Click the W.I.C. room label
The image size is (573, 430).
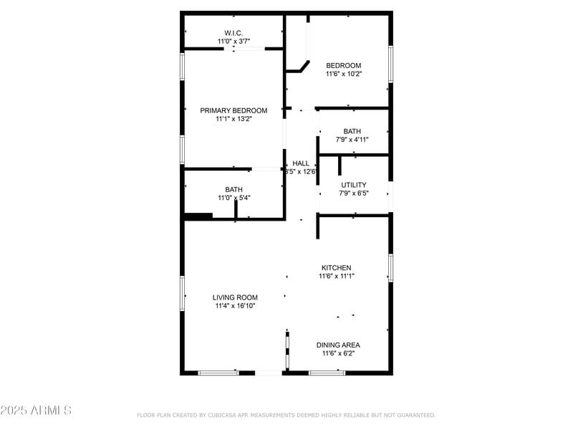[x=233, y=32]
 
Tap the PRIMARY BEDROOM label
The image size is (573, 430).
[x=233, y=110]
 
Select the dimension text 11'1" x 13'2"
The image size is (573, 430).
[x=233, y=119]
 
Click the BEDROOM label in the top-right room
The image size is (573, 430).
[x=344, y=65]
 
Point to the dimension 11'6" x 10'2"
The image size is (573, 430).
[x=344, y=74]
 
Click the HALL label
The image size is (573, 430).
[x=301, y=163]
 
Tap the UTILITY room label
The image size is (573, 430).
[x=354, y=185]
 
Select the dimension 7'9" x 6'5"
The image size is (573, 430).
[x=354, y=193]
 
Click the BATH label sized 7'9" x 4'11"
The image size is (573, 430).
[x=352, y=131]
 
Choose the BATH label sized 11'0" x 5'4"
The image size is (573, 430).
[x=233, y=189]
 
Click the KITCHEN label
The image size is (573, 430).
[x=336, y=267]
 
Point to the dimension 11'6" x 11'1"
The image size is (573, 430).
[x=337, y=276]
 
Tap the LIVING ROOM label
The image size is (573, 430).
[x=235, y=297]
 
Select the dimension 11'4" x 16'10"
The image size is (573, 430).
[x=235, y=306]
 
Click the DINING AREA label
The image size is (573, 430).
[x=338, y=345]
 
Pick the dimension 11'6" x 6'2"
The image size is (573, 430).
[x=338, y=353]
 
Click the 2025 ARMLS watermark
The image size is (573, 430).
[x=36, y=411]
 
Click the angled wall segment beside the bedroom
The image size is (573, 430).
[x=304, y=66]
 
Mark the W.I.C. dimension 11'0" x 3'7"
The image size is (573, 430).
[x=233, y=41]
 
